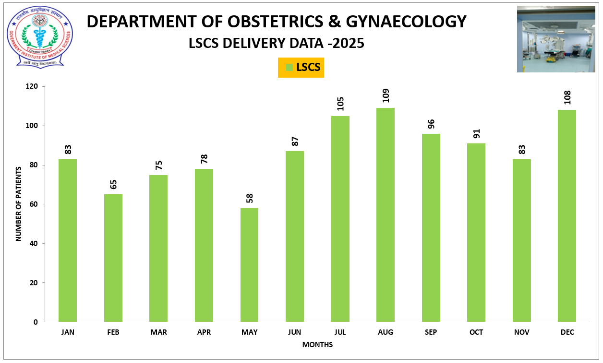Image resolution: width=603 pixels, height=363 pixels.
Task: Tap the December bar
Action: (x=567, y=216)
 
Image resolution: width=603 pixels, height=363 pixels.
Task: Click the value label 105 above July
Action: (x=340, y=103)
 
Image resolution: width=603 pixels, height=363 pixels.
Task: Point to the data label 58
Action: (x=249, y=198)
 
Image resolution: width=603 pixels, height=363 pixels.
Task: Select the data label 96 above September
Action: (x=431, y=123)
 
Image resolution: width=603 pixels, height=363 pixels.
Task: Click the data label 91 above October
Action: (x=476, y=133)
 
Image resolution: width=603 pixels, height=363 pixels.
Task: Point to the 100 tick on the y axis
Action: (x=32, y=126)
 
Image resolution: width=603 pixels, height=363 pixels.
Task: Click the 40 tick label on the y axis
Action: (x=34, y=244)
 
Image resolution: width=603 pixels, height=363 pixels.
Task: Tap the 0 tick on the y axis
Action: (x=36, y=322)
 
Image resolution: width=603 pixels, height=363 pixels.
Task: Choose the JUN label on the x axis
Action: (x=295, y=332)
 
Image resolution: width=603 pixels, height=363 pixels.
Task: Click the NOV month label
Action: (x=521, y=332)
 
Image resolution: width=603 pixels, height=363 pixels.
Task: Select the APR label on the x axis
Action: (x=204, y=332)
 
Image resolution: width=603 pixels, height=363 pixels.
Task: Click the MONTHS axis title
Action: (x=317, y=345)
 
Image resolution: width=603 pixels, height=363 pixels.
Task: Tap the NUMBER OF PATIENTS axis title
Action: (x=19, y=204)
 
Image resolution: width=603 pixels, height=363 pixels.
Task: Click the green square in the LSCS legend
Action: (x=289, y=68)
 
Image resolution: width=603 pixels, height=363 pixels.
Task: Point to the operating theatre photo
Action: (x=555, y=39)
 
